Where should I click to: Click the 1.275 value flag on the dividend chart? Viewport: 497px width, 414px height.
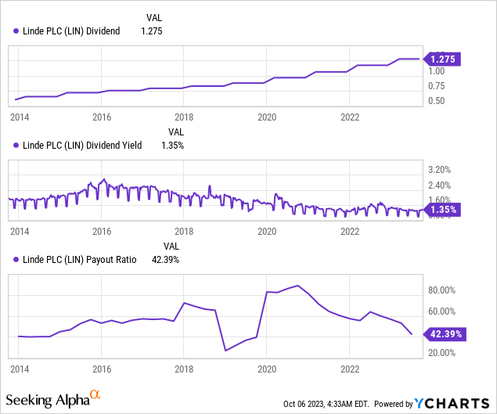[x=442, y=59]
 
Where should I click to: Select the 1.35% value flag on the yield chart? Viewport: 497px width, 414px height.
[x=442, y=210]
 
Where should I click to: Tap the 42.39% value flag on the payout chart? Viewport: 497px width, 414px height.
[x=445, y=334]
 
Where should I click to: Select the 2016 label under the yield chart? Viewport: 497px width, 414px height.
[x=101, y=232]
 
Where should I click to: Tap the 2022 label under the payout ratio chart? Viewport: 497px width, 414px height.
[x=350, y=368]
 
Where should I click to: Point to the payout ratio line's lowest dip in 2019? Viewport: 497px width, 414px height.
[x=225, y=350]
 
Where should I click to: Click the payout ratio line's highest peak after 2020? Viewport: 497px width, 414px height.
[x=297, y=286]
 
